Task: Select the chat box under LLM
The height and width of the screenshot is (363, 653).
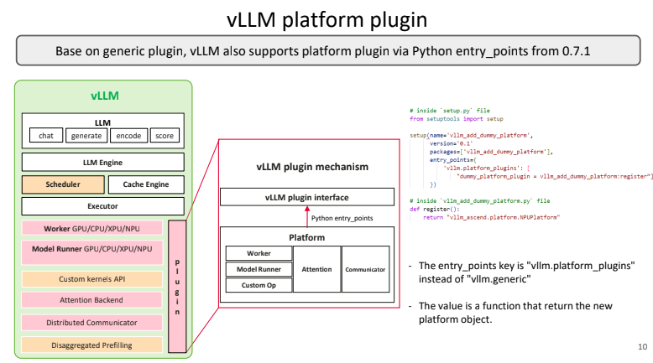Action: pos(46,136)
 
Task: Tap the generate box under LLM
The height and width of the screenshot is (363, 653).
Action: pos(86,136)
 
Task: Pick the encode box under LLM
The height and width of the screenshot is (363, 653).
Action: pos(128,136)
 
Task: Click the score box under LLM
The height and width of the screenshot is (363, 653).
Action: pos(164,136)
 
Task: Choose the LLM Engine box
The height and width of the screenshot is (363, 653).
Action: pos(102,162)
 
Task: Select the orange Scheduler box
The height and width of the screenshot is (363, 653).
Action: pos(63,184)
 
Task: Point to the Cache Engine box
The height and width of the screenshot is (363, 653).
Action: pos(146,184)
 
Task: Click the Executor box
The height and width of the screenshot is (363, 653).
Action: pos(102,205)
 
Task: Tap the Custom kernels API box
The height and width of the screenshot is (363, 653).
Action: pos(92,278)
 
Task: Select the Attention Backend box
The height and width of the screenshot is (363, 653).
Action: pos(92,300)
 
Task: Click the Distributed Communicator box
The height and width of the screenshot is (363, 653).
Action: pos(92,322)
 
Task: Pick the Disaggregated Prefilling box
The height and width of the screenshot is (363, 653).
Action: pos(92,344)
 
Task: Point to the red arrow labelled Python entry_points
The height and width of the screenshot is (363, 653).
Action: pos(306,216)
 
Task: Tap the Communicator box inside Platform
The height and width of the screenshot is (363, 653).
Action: pos(365,269)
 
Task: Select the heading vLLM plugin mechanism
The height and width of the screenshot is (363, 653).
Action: pos(312,167)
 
